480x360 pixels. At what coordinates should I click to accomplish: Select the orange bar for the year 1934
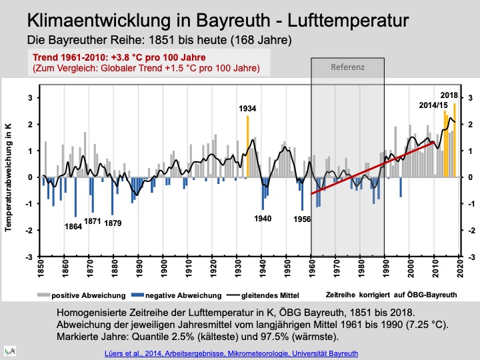pos(247,147)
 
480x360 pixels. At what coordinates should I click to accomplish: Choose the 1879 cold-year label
pos(113,223)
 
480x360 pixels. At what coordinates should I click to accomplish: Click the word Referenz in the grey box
pos(347,67)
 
